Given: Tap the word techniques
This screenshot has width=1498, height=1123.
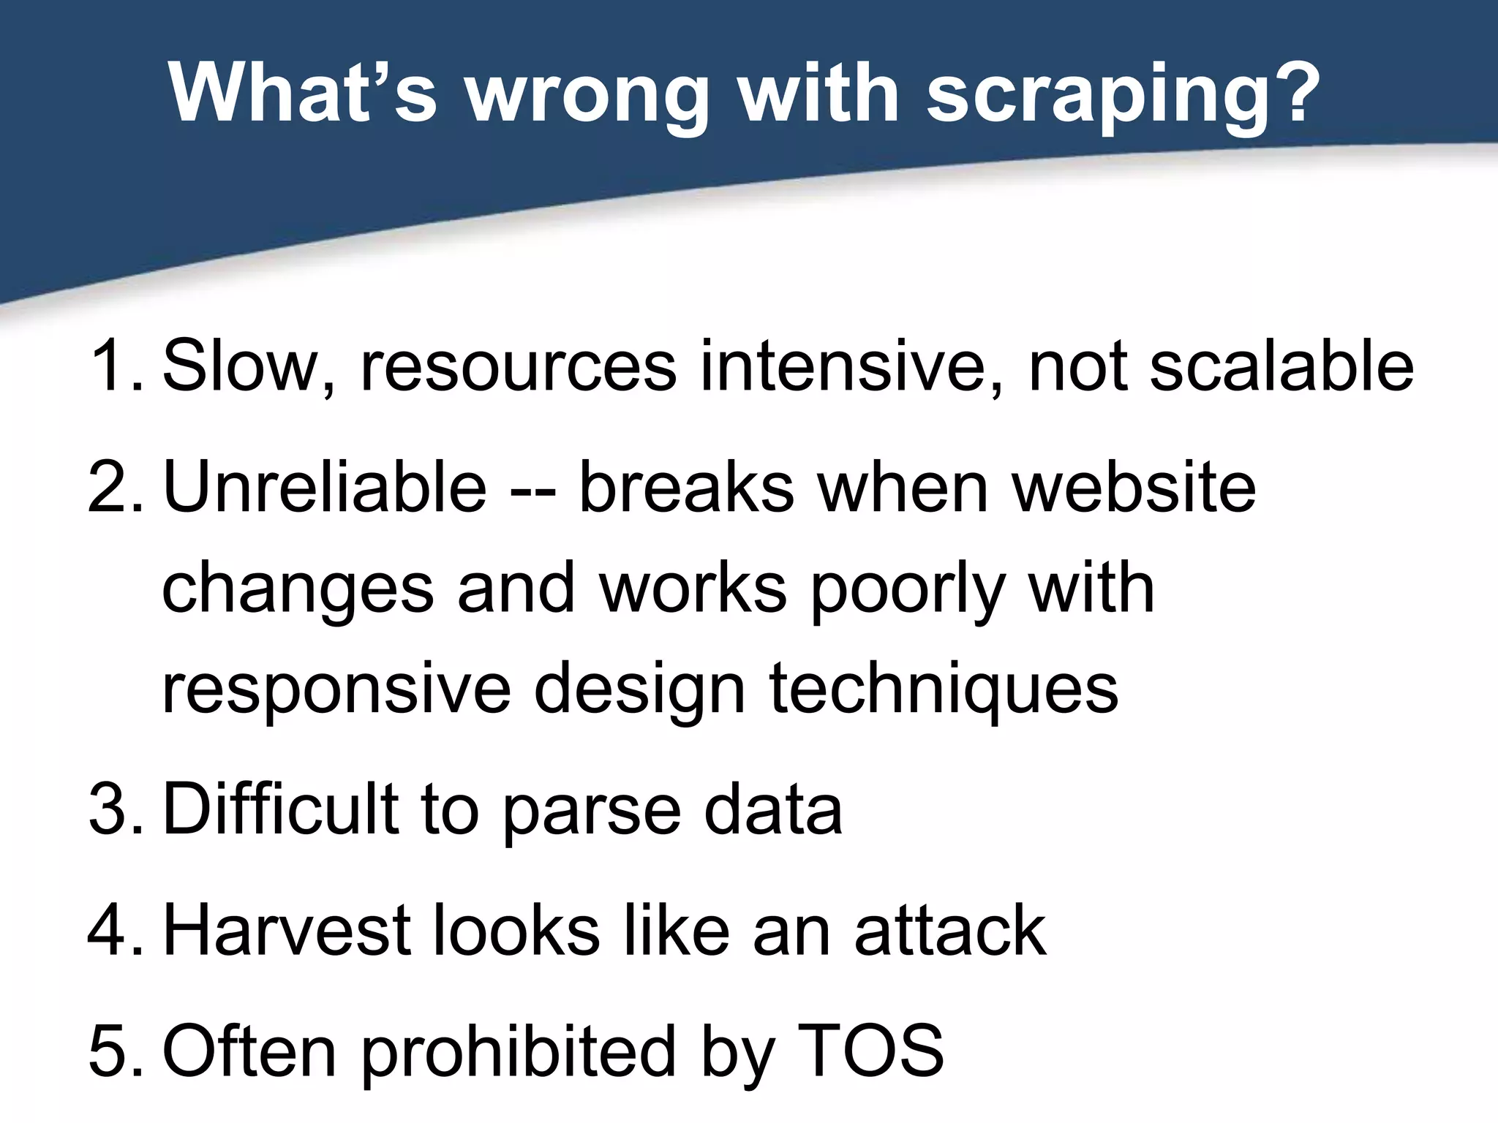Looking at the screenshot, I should click(944, 692).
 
